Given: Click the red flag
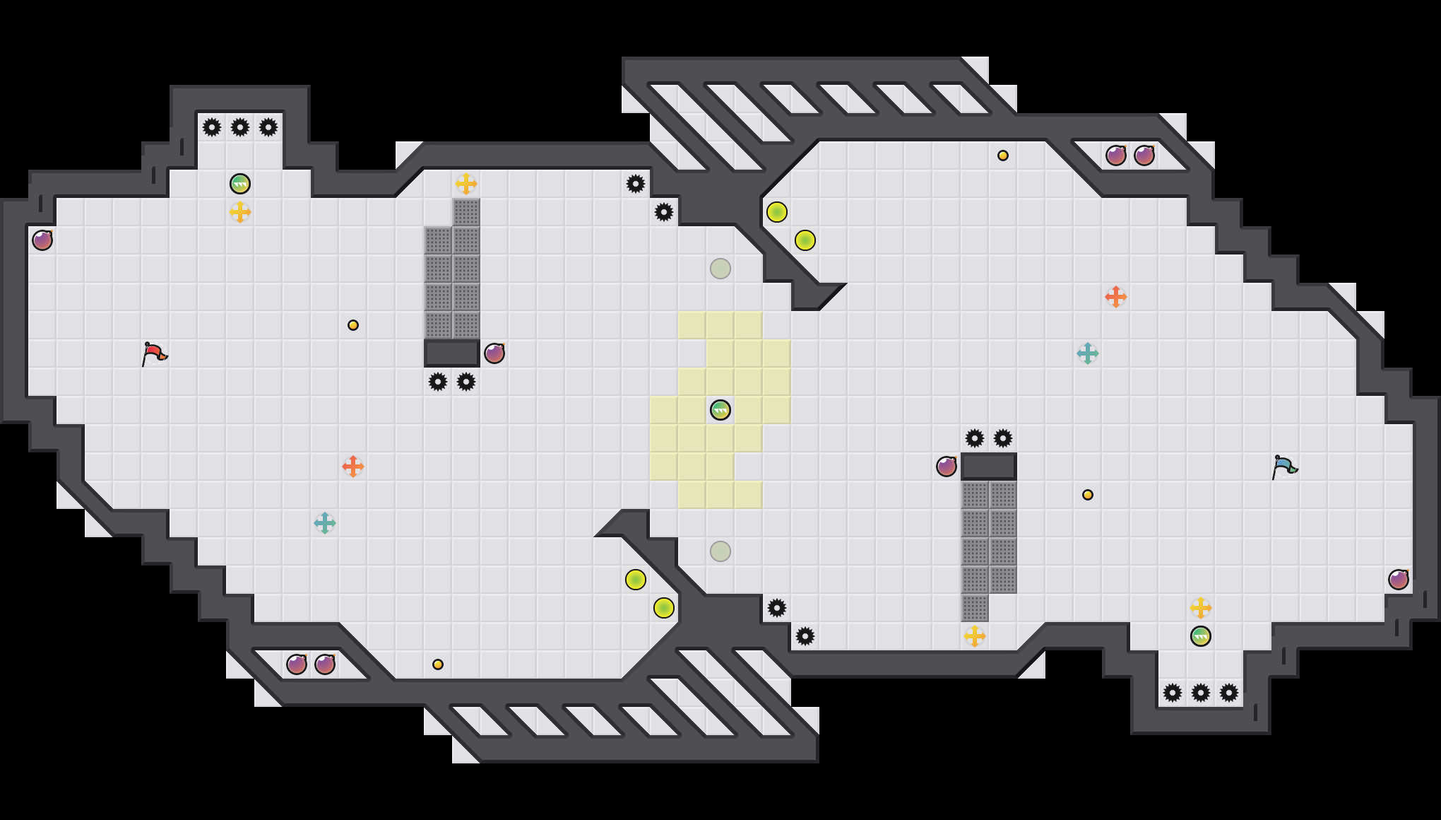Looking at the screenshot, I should pos(153,353).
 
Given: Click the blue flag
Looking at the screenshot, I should pos(1283,466).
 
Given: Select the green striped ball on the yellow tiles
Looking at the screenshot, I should pos(720,410).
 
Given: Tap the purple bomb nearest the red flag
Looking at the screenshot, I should pos(42,240).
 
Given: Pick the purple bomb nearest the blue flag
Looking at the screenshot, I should pos(1398,580).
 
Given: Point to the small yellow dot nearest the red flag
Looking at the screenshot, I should pos(353,325).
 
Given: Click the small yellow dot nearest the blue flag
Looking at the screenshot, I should pos(1088,495).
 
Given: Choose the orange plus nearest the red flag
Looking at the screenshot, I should pos(353,467).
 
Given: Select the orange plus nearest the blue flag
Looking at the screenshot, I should pos(1116,297).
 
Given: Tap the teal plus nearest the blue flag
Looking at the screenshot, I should pos(1088,353).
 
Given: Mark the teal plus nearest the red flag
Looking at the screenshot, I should pos(325,523).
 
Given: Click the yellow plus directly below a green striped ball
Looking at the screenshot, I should pos(240,212).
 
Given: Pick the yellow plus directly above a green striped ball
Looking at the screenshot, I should pos(1201,608).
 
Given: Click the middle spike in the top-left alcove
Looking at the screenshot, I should pos(240,127).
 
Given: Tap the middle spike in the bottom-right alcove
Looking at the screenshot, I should pos(1201,693).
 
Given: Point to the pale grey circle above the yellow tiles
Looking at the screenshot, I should pos(720,269).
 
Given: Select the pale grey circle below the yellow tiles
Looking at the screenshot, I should pos(720,551).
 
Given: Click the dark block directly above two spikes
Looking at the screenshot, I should pos(452,353).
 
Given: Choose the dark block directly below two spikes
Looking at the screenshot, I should pos(989,467).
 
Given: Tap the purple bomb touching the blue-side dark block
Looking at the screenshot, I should pos(947,467).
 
